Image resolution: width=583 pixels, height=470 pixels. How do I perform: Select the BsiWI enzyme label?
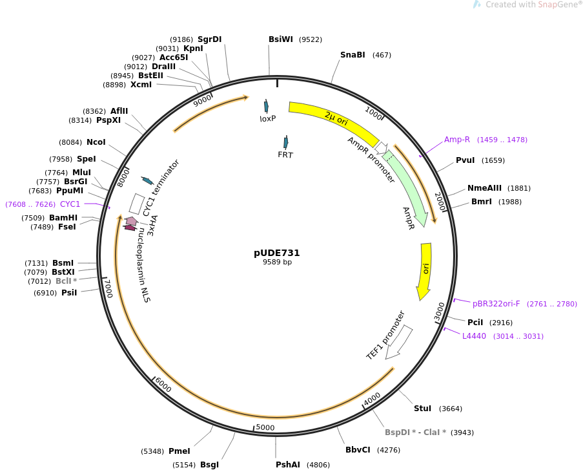pos(281,39)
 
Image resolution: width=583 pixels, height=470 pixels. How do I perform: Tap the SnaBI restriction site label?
pos(353,55)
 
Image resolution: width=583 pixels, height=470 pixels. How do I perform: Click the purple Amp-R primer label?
pos(456,140)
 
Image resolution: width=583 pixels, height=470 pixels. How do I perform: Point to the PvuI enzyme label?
pos(465,160)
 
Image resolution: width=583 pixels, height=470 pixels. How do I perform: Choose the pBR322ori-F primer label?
pos(496,304)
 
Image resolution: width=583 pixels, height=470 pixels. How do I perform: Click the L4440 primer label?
pos(474,336)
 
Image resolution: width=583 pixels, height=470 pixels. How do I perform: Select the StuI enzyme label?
pos(422,409)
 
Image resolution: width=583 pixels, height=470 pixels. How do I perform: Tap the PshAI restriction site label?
pos(288,465)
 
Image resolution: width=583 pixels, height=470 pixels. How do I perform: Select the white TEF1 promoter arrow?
pos(399,342)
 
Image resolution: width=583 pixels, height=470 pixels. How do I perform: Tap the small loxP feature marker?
pos(266,107)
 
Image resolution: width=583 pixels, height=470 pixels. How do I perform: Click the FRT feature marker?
pos(285,143)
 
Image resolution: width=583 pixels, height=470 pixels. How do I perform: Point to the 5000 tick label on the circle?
pos(265,427)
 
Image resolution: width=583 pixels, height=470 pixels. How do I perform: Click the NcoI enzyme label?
pos(96,142)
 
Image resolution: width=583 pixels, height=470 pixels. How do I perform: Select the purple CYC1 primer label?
pos(70,204)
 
